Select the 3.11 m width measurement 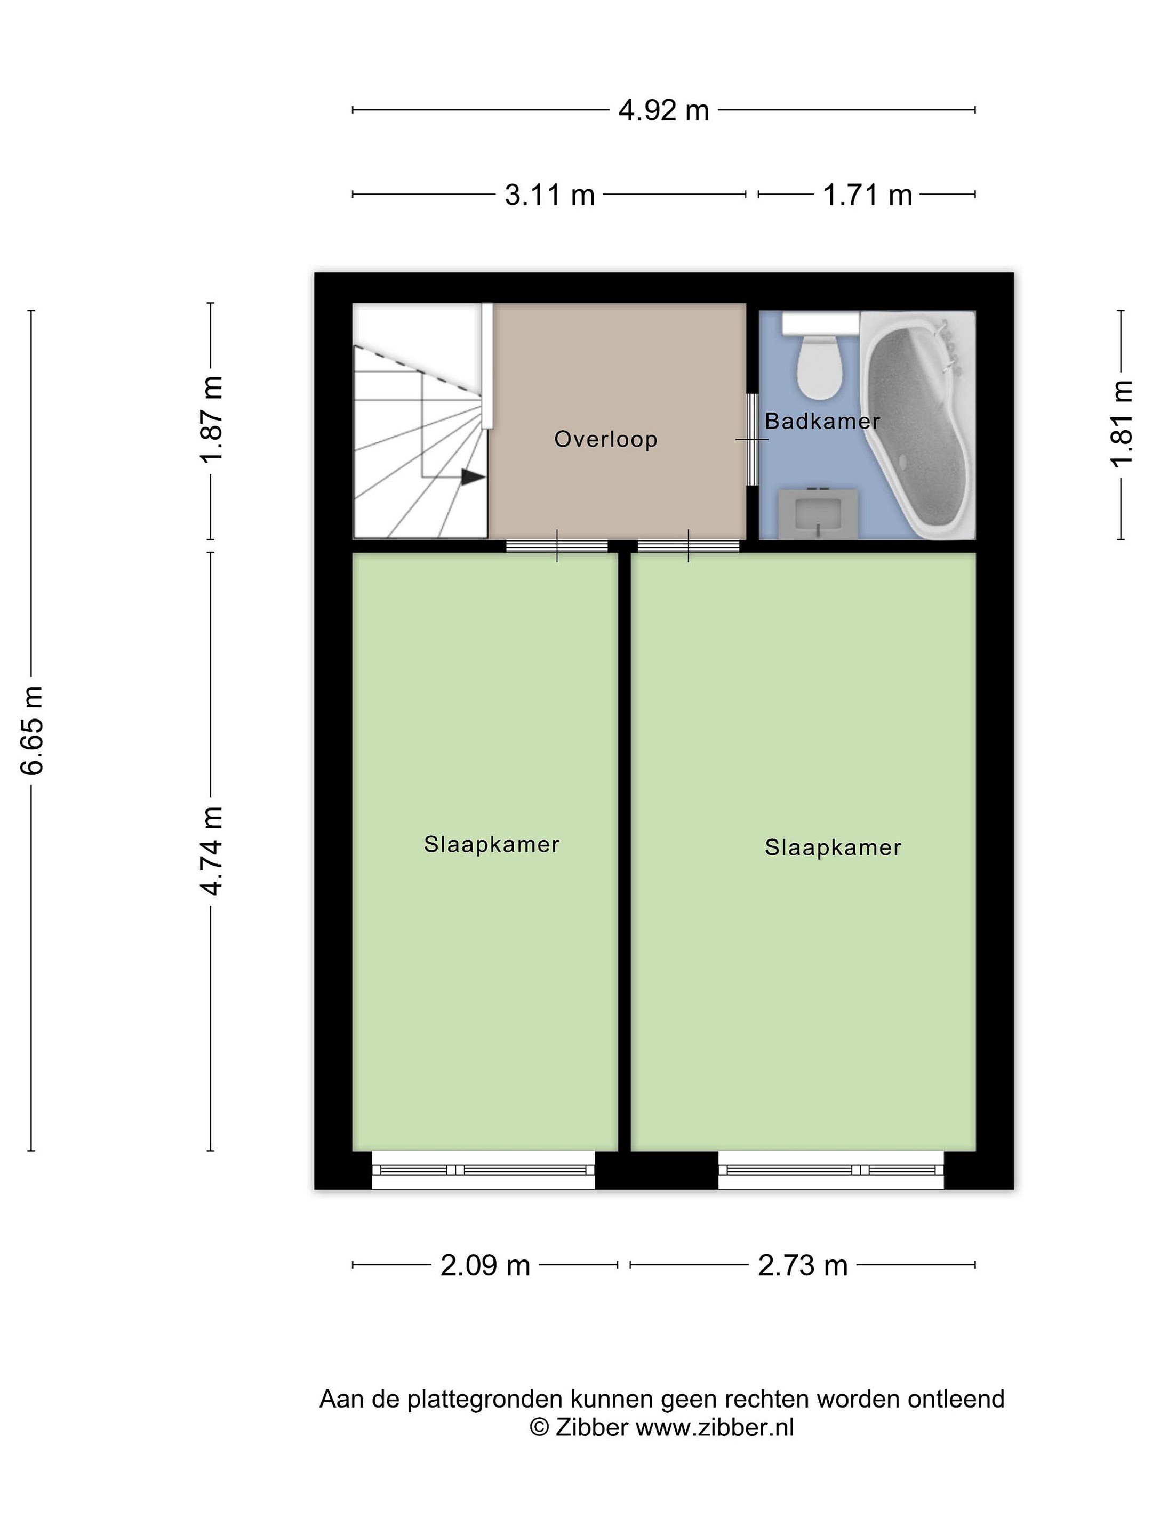pyautogui.click(x=549, y=195)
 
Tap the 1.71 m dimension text pyautogui.click(x=867, y=195)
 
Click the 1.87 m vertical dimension pyautogui.click(x=211, y=419)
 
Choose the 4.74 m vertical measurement pyautogui.click(x=211, y=851)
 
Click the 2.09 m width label pyautogui.click(x=485, y=1265)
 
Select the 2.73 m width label pyautogui.click(x=802, y=1265)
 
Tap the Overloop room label pyautogui.click(x=605, y=439)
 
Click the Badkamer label pyautogui.click(x=822, y=421)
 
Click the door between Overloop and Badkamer pyautogui.click(x=753, y=439)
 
